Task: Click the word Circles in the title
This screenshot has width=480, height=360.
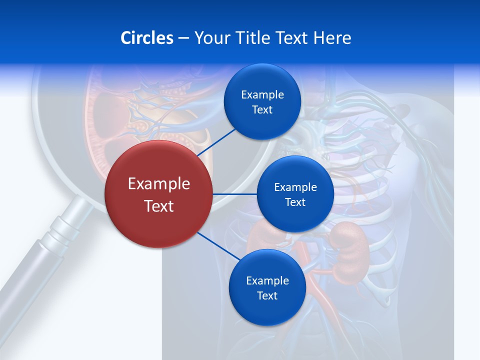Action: point(146,38)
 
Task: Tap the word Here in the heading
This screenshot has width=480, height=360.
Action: point(332,38)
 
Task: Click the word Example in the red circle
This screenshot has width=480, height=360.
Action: point(159,183)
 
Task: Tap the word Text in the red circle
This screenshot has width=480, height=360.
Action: point(159,206)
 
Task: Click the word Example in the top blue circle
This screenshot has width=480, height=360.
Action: point(262,95)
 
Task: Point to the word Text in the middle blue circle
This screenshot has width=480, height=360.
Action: point(295,202)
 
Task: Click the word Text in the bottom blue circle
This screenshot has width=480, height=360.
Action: point(267,296)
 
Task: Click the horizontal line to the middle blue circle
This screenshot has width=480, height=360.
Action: point(235,194)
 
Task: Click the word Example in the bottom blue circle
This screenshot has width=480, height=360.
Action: point(267,281)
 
